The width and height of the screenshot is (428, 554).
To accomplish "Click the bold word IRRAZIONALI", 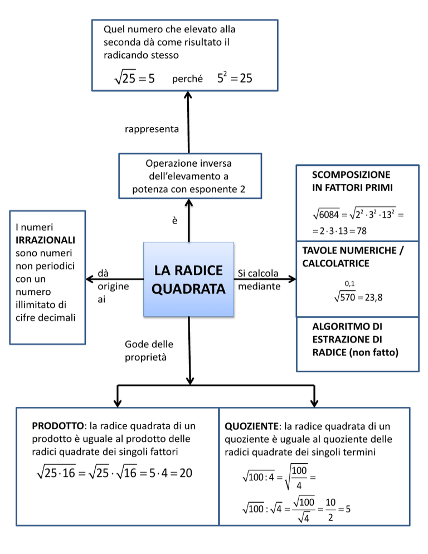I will pyautogui.click(x=46, y=240).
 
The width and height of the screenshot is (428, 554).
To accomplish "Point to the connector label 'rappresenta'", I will pyautogui.click(x=152, y=129).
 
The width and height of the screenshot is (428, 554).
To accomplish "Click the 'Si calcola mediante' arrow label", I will pyautogui.click(x=259, y=280).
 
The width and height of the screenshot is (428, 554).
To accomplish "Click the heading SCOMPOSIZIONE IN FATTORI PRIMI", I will pyautogui.click(x=352, y=181).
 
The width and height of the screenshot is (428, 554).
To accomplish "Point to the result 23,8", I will pyautogui.click(x=371, y=298).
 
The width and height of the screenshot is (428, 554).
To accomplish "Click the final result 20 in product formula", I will pyautogui.click(x=186, y=474).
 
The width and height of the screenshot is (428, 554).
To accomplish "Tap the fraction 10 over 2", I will pyautogui.click(x=330, y=511).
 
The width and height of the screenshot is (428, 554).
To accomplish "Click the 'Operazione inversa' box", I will pyautogui.click(x=189, y=176).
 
